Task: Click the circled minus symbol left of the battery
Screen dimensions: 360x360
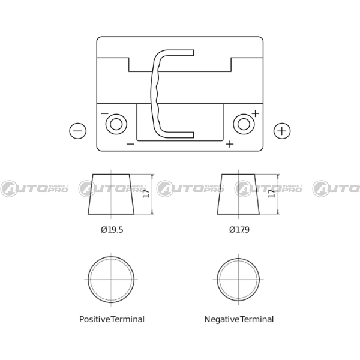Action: [x=78, y=131]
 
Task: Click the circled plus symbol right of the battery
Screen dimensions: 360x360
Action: [x=282, y=131]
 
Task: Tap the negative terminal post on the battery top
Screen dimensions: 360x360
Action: [x=116, y=124]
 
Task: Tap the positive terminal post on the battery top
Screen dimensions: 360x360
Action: [x=244, y=124]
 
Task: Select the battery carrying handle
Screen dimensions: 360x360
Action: [x=154, y=94]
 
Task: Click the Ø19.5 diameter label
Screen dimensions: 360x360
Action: [x=112, y=230]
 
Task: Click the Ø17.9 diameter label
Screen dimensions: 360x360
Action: [x=239, y=230]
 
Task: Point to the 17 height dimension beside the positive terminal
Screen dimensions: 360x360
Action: [x=146, y=194]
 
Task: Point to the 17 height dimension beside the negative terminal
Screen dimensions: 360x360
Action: [x=272, y=194]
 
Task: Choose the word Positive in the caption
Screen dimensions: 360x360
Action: [x=95, y=319]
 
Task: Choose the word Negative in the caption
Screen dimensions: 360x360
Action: [x=222, y=319]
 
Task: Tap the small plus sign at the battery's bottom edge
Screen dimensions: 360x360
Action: [x=230, y=144]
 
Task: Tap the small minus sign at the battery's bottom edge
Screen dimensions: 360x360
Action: [x=130, y=144]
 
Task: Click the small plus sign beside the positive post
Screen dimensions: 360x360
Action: [x=256, y=113]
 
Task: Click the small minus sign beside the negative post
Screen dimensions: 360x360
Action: [x=104, y=113]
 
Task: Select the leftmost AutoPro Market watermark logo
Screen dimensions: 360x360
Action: [x=34, y=189]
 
